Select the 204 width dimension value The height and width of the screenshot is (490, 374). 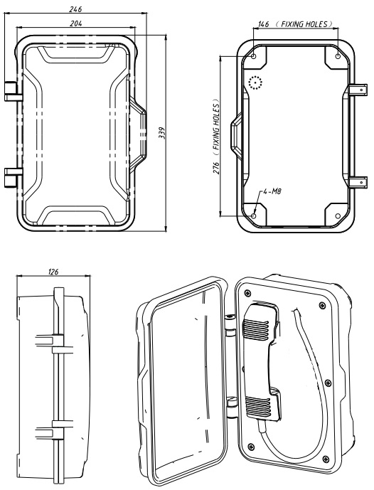click(74, 23)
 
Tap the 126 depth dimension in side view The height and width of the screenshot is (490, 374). click(52, 271)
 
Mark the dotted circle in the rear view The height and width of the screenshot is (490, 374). click(256, 84)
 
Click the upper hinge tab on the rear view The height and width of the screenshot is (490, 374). click(361, 90)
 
